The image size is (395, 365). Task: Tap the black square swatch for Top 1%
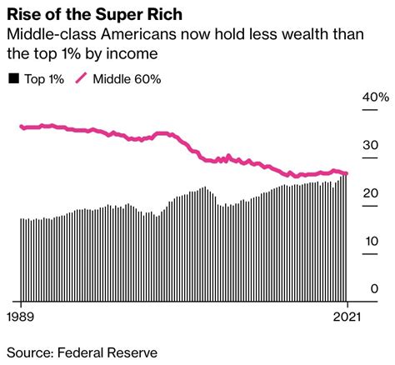(x=13, y=79)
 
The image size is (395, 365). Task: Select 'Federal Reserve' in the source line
(x=108, y=352)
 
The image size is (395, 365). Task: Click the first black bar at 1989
(x=21, y=259)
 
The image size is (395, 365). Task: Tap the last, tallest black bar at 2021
(x=346, y=237)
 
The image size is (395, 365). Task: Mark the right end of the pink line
(x=347, y=173)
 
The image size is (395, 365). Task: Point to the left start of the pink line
(x=21, y=127)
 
